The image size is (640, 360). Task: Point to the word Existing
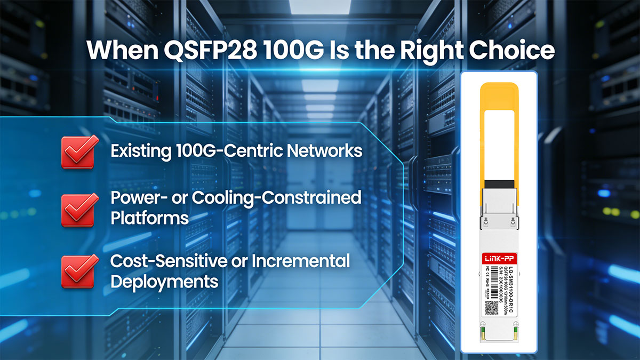140,151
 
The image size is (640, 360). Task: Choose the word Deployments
164,281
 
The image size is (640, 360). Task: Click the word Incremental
301,261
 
